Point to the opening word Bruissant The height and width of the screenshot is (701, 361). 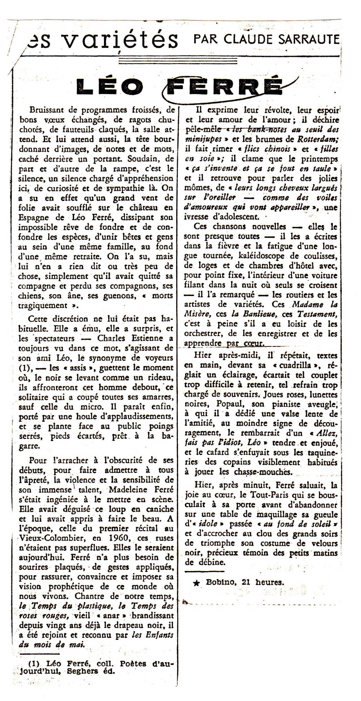click(x=49, y=110)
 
